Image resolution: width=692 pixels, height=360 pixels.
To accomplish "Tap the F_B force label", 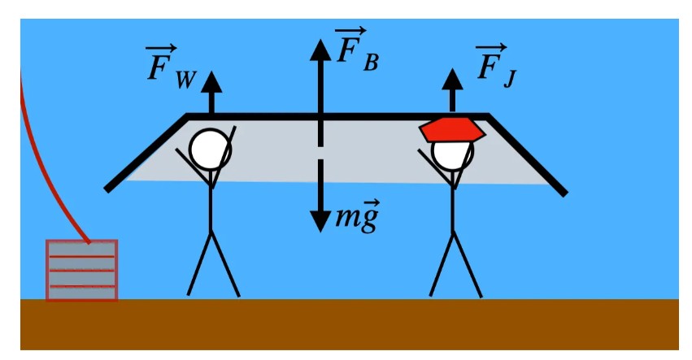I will click(355, 51).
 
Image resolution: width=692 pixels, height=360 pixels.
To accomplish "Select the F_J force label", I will click(494, 65).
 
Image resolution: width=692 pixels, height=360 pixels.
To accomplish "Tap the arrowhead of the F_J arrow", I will click(452, 79).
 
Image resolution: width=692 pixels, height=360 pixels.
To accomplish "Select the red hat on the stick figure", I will click(452, 128).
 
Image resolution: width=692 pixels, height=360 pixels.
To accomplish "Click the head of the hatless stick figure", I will click(211, 150).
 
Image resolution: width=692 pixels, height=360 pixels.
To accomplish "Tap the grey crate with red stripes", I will click(81, 270).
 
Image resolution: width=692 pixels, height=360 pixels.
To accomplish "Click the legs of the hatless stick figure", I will click(212, 264).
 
